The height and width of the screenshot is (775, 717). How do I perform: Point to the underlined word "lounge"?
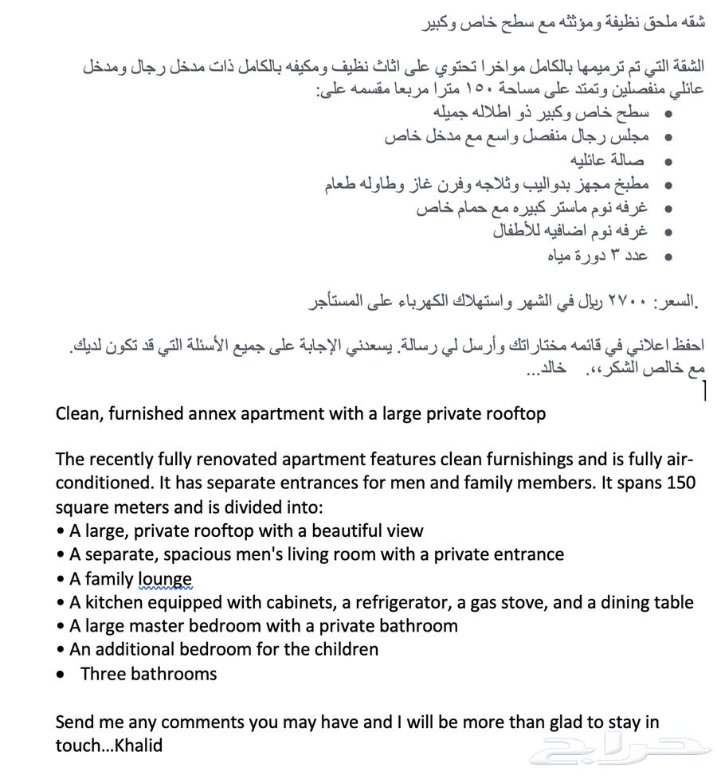(x=165, y=579)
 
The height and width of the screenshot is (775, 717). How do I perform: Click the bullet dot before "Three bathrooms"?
(x=61, y=675)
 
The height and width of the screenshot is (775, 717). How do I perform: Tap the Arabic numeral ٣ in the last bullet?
(x=614, y=255)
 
